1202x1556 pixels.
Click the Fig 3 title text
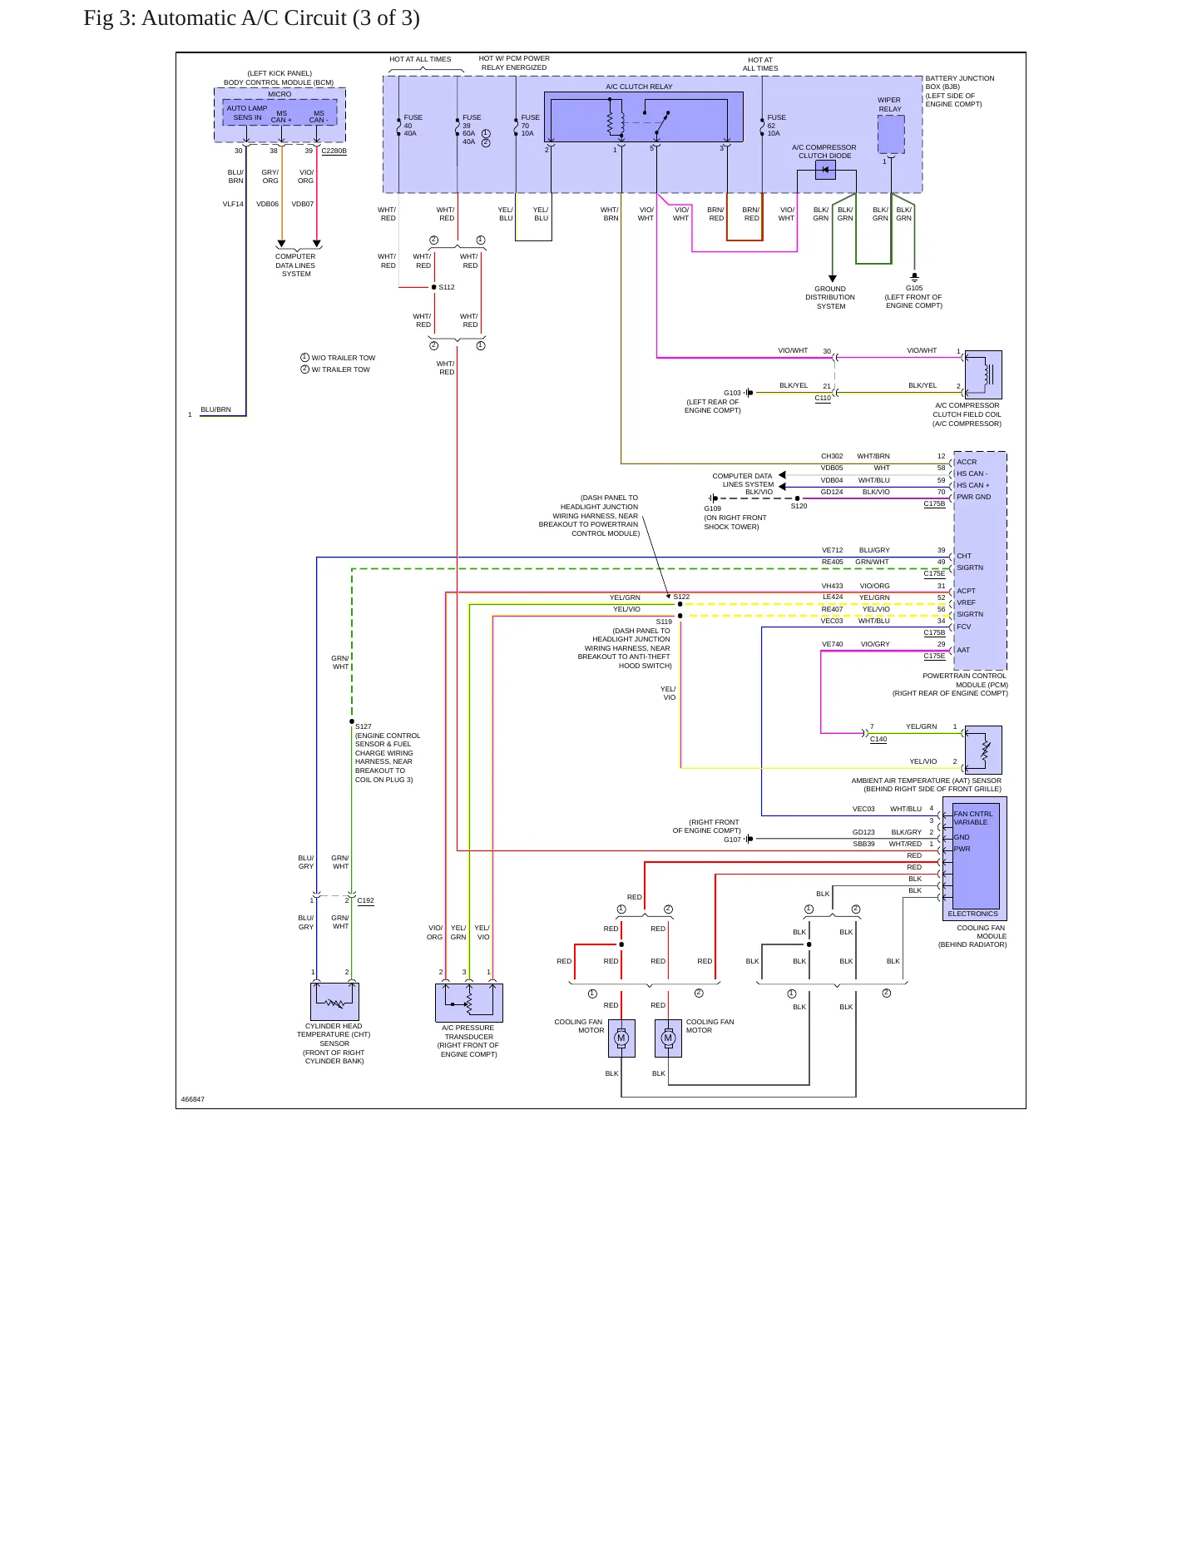(251, 18)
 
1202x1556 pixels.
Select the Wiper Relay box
(891, 134)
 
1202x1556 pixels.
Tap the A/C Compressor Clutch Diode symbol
(825, 170)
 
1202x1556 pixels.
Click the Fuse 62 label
(776, 126)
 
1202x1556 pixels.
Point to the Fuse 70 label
(530, 126)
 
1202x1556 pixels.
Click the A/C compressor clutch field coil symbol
(983, 374)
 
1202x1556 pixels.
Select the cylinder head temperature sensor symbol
(335, 1001)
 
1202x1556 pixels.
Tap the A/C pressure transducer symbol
(469, 1003)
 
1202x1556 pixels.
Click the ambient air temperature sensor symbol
(983, 750)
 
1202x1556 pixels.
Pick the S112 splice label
(447, 287)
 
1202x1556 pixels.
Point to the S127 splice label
(364, 726)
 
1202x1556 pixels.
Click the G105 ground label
(914, 288)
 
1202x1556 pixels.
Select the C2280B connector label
(334, 151)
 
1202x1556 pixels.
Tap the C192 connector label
(366, 900)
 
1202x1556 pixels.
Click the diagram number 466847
(193, 1099)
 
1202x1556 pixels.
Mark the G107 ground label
(732, 840)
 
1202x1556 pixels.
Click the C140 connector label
(878, 739)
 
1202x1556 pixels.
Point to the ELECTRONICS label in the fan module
(972, 914)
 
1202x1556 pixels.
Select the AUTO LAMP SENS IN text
(247, 113)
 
